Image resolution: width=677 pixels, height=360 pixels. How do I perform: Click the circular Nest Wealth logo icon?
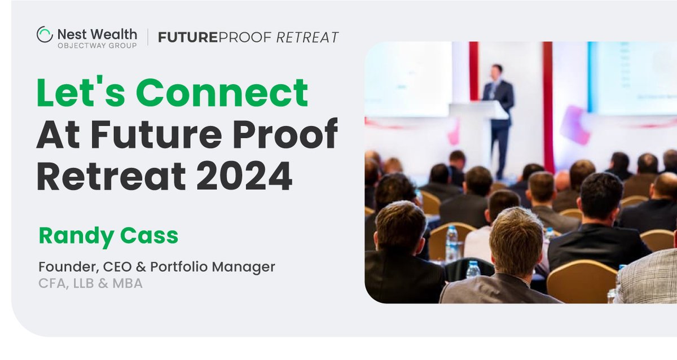coord(44,34)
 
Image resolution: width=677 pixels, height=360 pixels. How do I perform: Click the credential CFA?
coord(51,283)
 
